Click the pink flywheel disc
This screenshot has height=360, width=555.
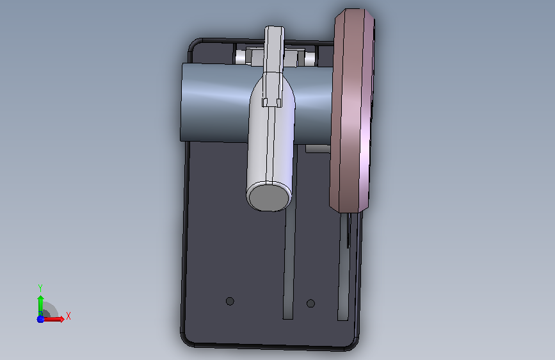[x=352, y=110]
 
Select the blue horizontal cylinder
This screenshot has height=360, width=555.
[x=216, y=102]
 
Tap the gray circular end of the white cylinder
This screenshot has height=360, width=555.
[x=269, y=196]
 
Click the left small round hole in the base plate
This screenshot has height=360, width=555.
[x=230, y=301]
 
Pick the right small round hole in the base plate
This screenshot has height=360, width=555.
[x=310, y=303]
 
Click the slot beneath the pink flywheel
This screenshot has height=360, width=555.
[x=343, y=266]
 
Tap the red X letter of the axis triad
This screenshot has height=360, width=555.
[x=68, y=316]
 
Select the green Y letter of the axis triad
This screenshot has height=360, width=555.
[x=40, y=288]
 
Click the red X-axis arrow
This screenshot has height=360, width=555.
[x=53, y=319]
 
